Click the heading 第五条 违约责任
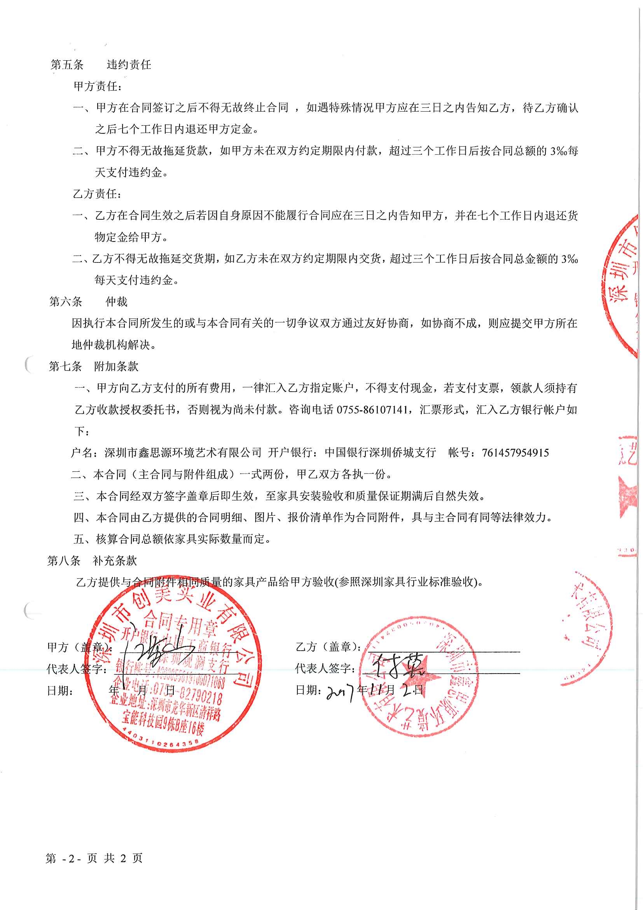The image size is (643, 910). coord(101,65)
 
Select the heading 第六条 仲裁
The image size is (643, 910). coord(88,302)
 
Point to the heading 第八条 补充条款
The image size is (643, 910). coord(92,560)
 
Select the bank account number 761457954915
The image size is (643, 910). coord(515,453)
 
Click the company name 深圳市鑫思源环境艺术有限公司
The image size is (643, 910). coord(183,453)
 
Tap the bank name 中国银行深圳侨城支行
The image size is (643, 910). coord(380,453)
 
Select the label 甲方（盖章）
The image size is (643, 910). coord(79,647)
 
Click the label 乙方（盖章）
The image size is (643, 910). coord(328,647)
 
